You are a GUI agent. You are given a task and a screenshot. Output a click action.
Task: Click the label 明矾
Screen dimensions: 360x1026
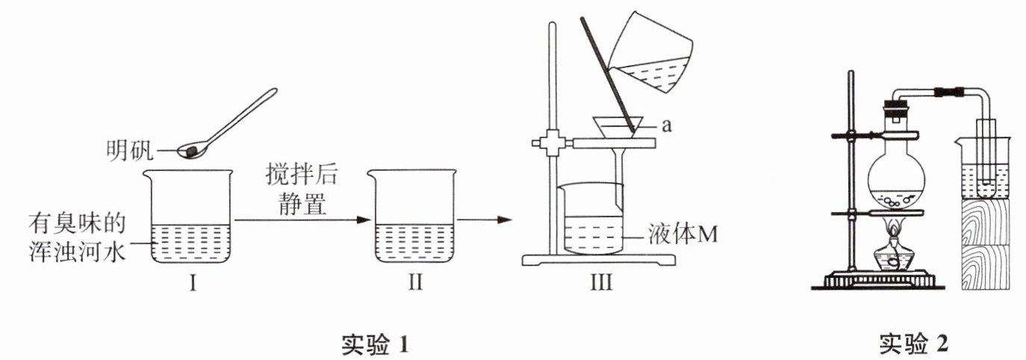[128, 153]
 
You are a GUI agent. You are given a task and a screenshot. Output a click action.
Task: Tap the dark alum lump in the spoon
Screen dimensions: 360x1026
[192, 151]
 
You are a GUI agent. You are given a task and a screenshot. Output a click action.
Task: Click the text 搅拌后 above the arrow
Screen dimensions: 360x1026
[302, 176]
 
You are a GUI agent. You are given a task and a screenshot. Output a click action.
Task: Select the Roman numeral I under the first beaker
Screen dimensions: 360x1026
[192, 283]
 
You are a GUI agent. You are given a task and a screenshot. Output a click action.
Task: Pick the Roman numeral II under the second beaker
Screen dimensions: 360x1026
[414, 283]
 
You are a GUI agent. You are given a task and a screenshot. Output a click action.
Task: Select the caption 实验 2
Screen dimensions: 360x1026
[913, 344]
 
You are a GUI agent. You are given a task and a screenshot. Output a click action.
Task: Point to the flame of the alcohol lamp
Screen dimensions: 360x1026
[895, 226]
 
